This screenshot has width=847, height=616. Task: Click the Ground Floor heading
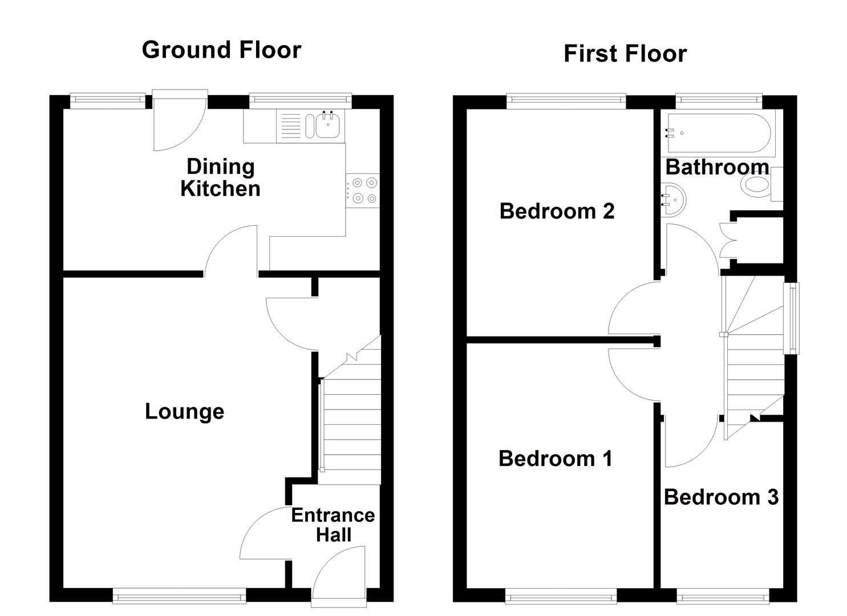point(221,50)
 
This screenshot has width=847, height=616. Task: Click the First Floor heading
point(625,54)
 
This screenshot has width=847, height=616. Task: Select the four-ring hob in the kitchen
point(363,191)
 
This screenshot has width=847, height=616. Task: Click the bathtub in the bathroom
point(718,133)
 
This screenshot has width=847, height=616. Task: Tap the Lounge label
point(184,411)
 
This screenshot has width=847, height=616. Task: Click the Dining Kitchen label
point(220,177)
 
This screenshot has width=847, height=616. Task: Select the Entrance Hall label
point(333,525)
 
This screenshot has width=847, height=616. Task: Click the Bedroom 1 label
point(555,459)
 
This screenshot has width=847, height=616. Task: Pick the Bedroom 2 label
point(557,211)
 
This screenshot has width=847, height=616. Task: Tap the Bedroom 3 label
point(721,497)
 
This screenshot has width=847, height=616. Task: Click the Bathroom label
point(717,167)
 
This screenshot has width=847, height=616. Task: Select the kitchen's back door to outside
point(180,121)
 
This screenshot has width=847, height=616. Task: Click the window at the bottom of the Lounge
point(179,597)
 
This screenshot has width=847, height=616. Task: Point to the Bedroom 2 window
point(566,101)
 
